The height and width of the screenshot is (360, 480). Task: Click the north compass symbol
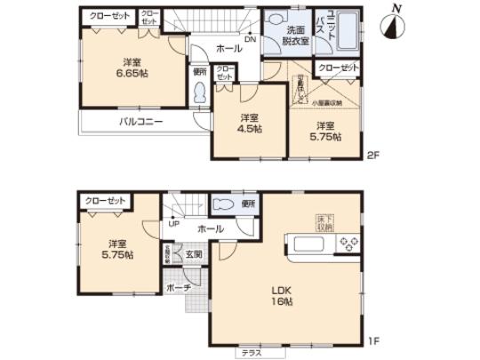[390, 25]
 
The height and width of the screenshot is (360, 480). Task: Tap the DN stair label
[252, 40]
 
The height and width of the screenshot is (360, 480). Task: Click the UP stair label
[171, 224]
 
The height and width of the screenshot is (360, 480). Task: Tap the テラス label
[250, 354]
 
